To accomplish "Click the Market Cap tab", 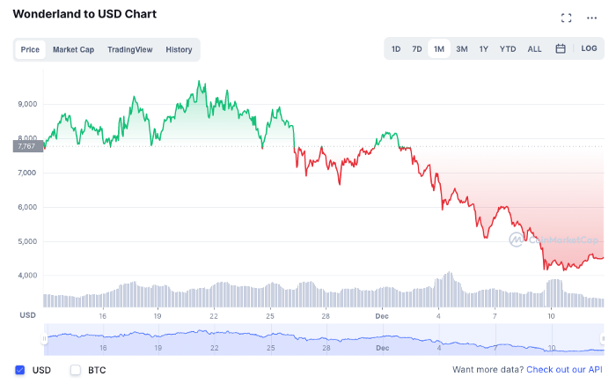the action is click(73, 50).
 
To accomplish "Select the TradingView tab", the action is click(130, 50).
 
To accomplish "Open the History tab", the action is click(179, 50).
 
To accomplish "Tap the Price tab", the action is click(30, 50).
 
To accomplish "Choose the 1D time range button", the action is click(396, 49).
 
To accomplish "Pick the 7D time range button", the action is click(417, 49).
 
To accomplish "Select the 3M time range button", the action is click(462, 49).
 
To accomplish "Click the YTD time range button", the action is click(508, 49).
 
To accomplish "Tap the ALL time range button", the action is click(534, 49).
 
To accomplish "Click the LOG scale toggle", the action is click(589, 48).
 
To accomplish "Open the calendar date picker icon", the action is click(561, 48).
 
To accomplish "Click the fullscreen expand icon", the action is click(566, 18).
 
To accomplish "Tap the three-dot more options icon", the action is click(591, 18).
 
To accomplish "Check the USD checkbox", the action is click(20, 370).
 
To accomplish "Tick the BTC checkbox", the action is click(76, 370).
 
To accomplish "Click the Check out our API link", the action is click(564, 369).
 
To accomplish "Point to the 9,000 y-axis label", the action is click(27, 104).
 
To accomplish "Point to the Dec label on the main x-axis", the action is click(382, 316).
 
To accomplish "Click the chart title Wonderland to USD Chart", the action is click(84, 14).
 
